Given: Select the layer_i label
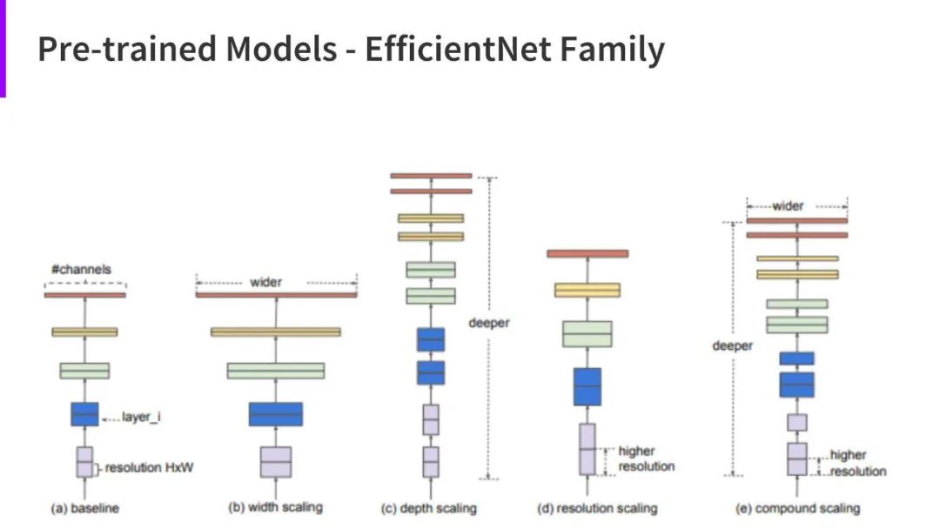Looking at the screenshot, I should pyautogui.click(x=141, y=418).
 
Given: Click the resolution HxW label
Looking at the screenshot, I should pyautogui.click(x=150, y=468).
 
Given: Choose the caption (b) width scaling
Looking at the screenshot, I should pyautogui.click(x=274, y=507).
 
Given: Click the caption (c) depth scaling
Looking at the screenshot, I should pyautogui.click(x=429, y=507).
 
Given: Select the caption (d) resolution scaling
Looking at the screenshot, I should pyautogui.click(x=594, y=507).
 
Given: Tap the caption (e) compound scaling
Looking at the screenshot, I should pyautogui.click(x=796, y=507).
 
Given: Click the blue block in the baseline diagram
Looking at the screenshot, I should pyautogui.click(x=84, y=414).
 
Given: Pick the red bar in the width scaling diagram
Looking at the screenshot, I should pyautogui.click(x=276, y=295).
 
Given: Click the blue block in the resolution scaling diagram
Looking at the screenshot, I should pyautogui.click(x=587, y=386).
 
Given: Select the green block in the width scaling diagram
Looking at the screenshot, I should pyautogui.click(x=276, y=371).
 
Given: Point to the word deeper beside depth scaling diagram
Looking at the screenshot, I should pyautogui.click(x=488, y=323).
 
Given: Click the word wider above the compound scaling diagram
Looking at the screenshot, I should pyautogui.click(x=788, y=206).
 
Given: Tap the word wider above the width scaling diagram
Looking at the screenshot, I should pyautogui.click(x=265, y=282).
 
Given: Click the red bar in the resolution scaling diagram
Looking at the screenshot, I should pyautogui.click(x=587, y=253).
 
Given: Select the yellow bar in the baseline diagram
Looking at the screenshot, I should pyautogui.click(x=84, y=331).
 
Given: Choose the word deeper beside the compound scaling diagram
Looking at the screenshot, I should pyautogui.click(x=732, y=345).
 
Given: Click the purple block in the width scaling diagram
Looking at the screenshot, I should pyautogui.click(x=276, y=462).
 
